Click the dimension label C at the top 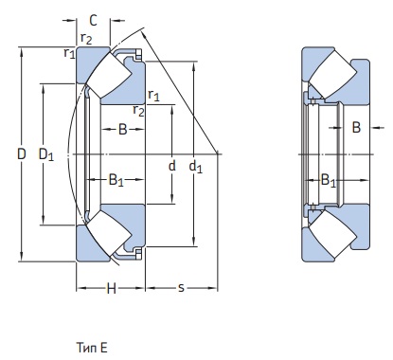pos(93,21)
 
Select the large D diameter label pos(22,154)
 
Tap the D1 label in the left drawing pos(46,155)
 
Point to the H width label pos(111,288)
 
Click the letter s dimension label pos(181,288)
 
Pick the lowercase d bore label pos(171,166)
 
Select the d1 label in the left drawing pos(195,167)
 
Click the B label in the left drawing pos(123,129)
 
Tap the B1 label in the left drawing pos(116,180)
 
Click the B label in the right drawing pos(356,128)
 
